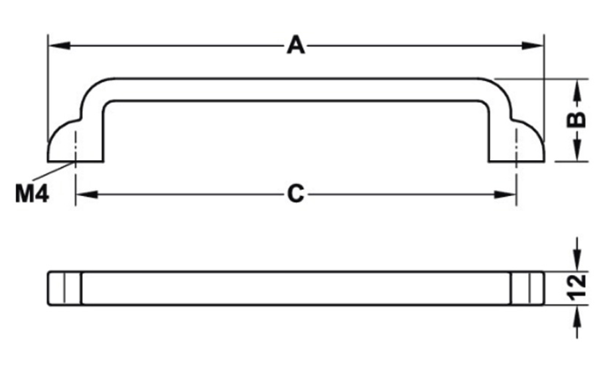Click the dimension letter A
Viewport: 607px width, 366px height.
pos(296,45)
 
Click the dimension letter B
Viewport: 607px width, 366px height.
pos(576,120)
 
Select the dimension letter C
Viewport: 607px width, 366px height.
pos(296,194)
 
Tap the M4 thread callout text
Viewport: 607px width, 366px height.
pos(32,193)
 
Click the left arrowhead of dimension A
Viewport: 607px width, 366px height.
pos(59,45)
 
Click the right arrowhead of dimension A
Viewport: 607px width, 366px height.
pos(533,45)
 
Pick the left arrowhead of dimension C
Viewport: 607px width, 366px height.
pos(87,194)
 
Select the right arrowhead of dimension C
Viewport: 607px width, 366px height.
pos(506,194)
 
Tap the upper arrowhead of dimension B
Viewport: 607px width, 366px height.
pos(576,90)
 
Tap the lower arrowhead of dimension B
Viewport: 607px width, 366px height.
pos(576,150)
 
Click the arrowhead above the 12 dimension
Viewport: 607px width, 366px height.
pos(576,260)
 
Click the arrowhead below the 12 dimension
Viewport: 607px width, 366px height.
pos(576,316)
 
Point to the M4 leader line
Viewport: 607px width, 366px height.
pos(54,171)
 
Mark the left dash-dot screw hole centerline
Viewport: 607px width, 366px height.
pos(76,167)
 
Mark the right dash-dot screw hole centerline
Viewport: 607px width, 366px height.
pos(516,167)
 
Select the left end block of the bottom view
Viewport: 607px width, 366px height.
pos(64,288)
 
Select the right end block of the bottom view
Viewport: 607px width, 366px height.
pos(527,288)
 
